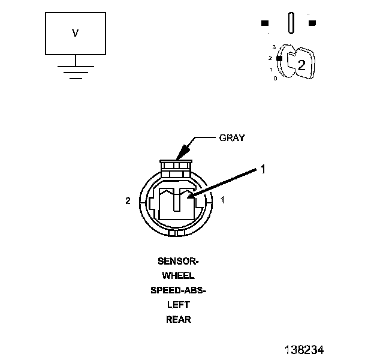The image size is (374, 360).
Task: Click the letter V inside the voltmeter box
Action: [76, 34]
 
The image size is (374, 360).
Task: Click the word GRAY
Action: [231, 137]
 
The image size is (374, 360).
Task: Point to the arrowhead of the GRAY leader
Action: [178, 157]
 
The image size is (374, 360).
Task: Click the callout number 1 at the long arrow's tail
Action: [262, 170]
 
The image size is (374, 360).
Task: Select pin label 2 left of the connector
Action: [128, 201]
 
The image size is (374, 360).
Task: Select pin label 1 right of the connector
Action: [223, 200]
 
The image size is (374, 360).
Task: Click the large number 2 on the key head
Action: [301, 66]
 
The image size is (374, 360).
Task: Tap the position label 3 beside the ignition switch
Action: [273, 47]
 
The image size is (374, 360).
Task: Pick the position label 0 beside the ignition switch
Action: [275, 79]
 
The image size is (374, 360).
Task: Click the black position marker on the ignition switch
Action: [279, 58]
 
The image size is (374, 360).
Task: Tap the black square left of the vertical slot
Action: [264, 23]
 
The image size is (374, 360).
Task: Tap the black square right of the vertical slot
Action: [312, 23]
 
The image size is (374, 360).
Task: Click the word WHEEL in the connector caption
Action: [178, 276]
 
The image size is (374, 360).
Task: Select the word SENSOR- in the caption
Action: [178, 262]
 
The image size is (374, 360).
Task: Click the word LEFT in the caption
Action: [178, 305]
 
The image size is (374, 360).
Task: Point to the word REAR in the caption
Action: [178, 319]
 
